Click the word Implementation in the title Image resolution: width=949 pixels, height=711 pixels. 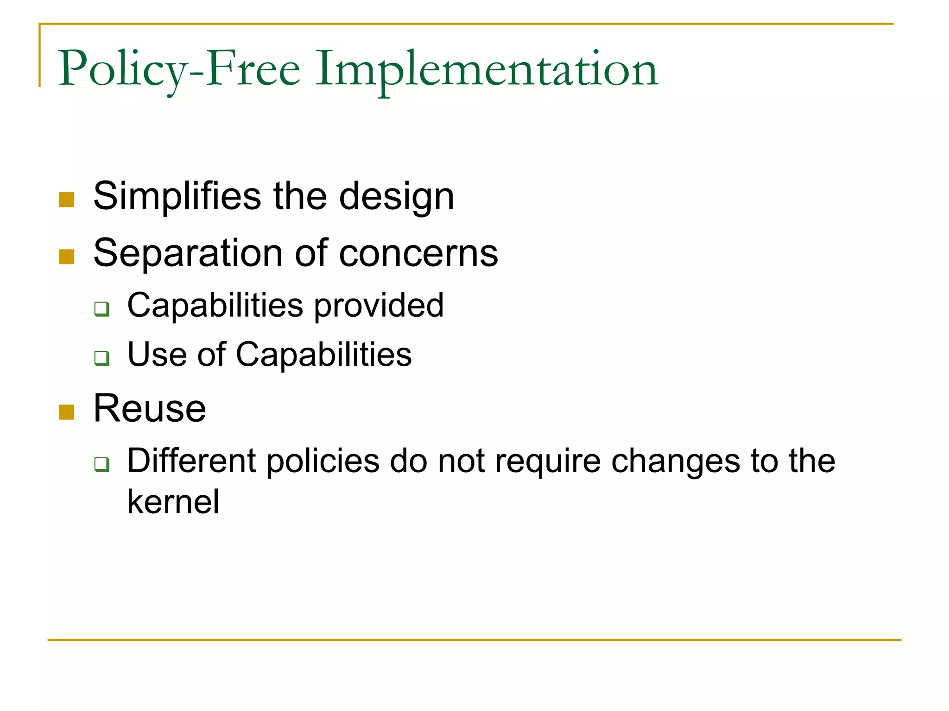point(487,69)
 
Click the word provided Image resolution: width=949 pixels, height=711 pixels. point(379,306)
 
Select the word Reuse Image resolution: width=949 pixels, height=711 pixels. point(150,409)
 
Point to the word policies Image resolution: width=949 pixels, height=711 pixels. point(323,461)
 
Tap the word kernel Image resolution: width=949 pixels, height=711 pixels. point(173,502)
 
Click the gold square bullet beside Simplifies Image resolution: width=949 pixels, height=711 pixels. point(67,200)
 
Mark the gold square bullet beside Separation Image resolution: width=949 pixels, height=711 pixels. point(67,257)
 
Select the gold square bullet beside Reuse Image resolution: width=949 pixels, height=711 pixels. point(67,412)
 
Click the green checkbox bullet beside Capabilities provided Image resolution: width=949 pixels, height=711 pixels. point(101,309)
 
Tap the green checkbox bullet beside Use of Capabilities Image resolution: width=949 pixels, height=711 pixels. point(101,358)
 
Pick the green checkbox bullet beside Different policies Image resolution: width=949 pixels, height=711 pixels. point(101,464)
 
